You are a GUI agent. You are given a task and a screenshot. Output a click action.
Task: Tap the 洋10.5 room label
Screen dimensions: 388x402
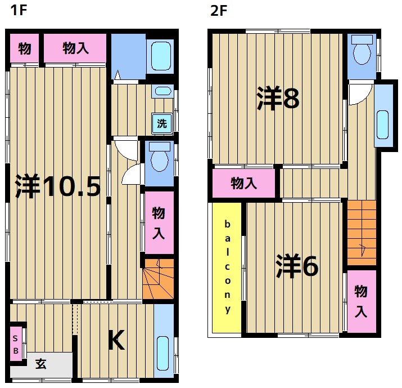pyautogui.click(x=57, y=187)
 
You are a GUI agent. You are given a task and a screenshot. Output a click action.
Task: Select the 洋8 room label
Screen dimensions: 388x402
pyautogui.click(x=278, y=99)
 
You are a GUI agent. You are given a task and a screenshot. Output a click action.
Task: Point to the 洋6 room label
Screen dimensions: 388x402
pyautogui.click(x=297, y=266)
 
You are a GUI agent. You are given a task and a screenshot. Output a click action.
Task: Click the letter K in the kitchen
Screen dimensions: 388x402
pyautogui.click(x=116, y=340)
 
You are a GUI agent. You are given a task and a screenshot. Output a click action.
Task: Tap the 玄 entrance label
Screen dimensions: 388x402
pyautogui.click(x=41, y=364)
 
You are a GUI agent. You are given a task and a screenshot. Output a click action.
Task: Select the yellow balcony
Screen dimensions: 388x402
pyautogui.click(x=227, y=267)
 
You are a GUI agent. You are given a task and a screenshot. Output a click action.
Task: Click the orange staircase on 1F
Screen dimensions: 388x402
pyautogui.click(x=157, y=279)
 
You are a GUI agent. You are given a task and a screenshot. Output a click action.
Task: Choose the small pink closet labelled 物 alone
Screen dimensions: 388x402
pyautogui.click(x=24, y=49)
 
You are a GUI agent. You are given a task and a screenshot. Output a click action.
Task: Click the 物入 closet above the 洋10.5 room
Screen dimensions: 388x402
pyautogui.click(x=75, y=49)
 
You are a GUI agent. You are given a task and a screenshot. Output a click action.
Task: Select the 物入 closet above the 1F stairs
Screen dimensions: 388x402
pyautogui.click(x=159, y=222)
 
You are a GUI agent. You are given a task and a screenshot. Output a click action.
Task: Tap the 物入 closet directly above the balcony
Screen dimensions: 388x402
pyautogui.click(x=244, y=183)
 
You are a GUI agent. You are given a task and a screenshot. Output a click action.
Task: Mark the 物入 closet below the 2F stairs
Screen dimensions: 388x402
pyautogui.click(x=360, y=301)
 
